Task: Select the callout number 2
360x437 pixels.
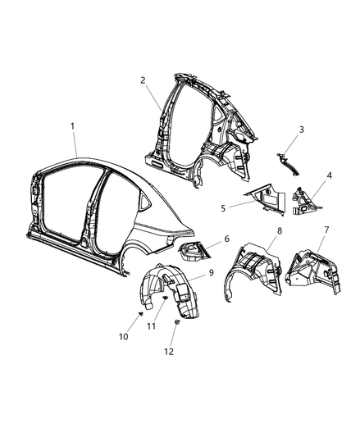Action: click(x=143, y=80)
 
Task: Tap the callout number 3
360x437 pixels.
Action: click(x=302, y=130)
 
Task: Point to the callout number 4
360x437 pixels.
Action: click(x=329, y=175)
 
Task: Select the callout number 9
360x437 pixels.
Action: click(x=212, y=273)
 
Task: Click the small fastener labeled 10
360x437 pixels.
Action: click(x=140, y=314)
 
